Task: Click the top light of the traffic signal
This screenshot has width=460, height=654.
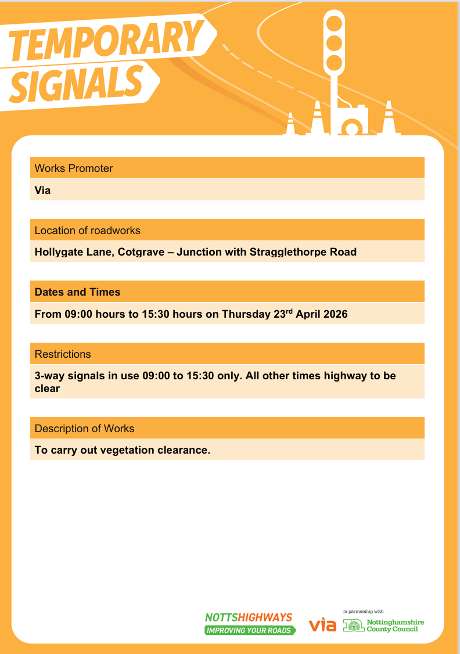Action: (x=334, y=24)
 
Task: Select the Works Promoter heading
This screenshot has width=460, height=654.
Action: (x=74, y=168)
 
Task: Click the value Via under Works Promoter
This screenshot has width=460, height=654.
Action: (x=42, y=190)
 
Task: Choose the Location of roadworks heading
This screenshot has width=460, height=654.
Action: (x=88, y=231)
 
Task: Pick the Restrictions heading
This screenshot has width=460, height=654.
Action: (x=63, y=354)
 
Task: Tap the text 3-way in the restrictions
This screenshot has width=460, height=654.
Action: (x=49, y=376)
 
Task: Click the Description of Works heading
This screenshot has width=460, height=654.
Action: (x=84, y=429)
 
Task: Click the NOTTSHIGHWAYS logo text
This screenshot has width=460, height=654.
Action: (x=249, y=617)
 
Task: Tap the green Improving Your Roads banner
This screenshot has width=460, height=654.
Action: (x=250, y=630)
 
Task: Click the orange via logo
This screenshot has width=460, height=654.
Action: (x=322, y=625)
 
